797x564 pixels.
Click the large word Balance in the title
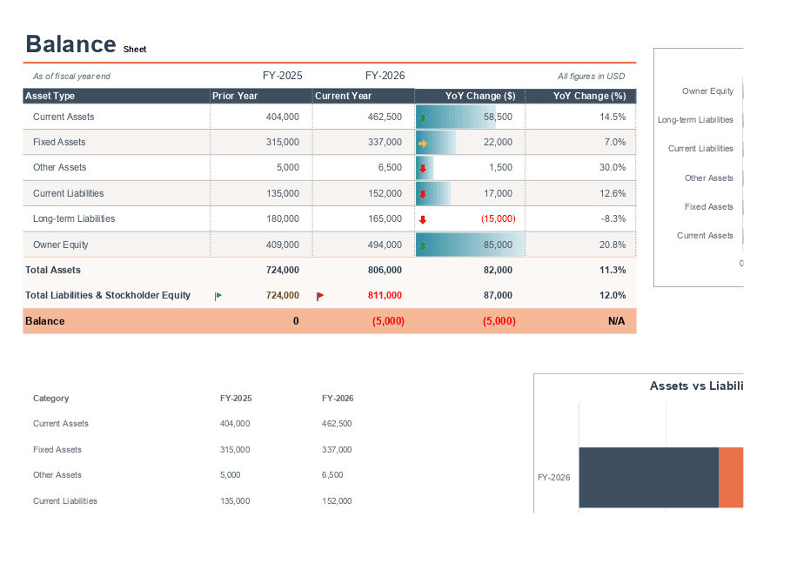(70, 44)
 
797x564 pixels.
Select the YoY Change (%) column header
(589, 96)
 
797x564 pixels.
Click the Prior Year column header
(235, 96)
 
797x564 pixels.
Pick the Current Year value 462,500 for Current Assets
(385, 117)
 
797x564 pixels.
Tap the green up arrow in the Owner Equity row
(423, 245)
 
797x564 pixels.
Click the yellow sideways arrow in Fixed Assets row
(423, 143)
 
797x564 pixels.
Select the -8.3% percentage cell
(613, 218)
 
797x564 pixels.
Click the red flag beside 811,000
(320, 296)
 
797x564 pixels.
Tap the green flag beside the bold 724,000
(218, 296)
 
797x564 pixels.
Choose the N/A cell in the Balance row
(616, 321)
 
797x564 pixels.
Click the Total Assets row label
(53, 270)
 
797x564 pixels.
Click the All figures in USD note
(591, 77)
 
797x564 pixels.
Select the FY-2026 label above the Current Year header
(385, 76)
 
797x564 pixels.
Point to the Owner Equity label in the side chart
(707, 91)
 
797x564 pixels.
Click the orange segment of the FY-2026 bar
(731, 477)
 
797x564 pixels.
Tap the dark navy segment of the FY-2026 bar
(648, 477)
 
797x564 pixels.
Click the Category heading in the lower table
(50, 398)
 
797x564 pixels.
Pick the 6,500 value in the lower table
(332, 475)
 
